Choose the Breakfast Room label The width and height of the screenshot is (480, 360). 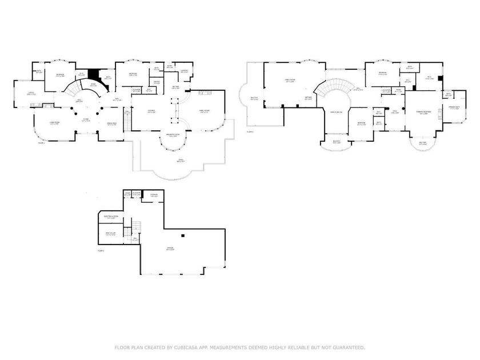173,135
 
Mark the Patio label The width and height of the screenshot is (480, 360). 181,161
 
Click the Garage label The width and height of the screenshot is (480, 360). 170,247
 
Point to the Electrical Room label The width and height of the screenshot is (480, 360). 111,217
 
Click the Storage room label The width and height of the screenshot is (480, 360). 154,196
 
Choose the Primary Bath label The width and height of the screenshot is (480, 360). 455,108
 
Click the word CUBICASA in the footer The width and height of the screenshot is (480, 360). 179,347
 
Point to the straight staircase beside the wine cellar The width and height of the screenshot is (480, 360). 136,227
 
